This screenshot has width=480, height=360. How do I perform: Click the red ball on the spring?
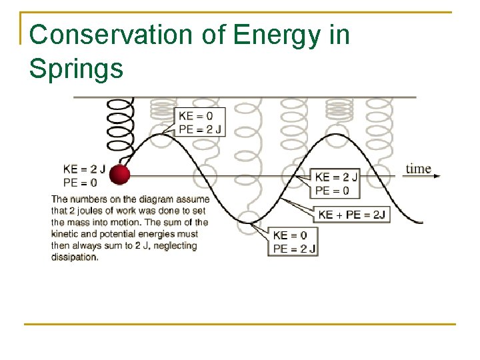tap(119, 175)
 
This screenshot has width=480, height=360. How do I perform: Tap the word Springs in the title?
tap(76, 67)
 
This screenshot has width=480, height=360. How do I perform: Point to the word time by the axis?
tap(418, 168)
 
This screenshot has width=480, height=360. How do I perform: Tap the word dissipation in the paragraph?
tap(74, 257)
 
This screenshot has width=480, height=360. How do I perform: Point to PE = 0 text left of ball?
tap(80, 181)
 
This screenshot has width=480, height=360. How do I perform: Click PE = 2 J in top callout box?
tap(200, 129)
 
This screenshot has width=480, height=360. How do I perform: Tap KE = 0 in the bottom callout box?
tap(290, 235)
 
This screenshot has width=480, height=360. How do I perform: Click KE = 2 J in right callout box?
tap(336, 177)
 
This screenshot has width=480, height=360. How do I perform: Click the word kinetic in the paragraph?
tap(66, 234)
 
